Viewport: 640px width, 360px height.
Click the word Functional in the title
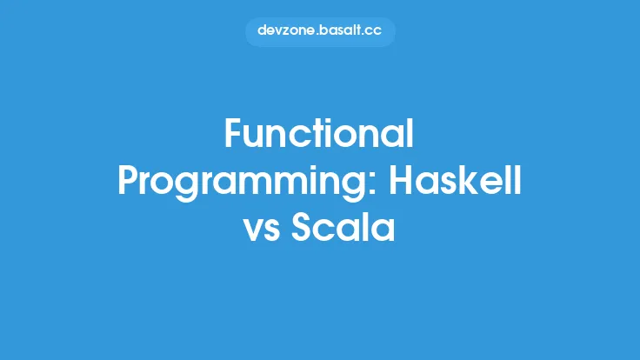click(x=319, y=134)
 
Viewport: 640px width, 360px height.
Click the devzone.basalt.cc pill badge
click(x=320, y=30)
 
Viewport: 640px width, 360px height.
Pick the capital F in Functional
click(x=232, y=134)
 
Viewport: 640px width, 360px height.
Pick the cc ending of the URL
click(x=374, y=30)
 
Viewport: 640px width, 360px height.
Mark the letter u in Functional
click(x=253, y=137)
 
